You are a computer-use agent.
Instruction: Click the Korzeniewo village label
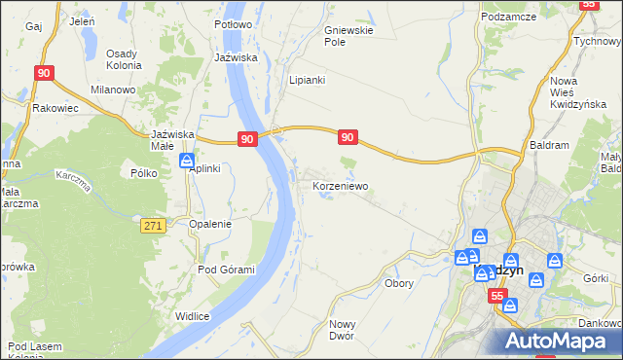point(339,185)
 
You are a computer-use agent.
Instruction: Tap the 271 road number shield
point(152,225)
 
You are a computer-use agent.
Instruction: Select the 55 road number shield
point(497,296)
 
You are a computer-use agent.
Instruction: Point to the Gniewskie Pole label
point(348,37)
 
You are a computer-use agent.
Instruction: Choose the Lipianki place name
point(307,81)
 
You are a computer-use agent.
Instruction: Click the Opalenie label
point(210,224)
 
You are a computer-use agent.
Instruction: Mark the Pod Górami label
point(226,270)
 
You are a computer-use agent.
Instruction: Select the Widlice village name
point(194,315)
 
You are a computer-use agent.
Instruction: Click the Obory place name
point(399,284)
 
